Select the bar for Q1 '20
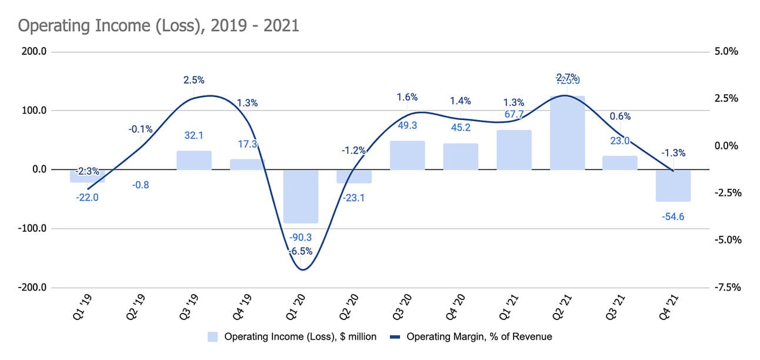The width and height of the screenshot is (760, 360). (301, 196)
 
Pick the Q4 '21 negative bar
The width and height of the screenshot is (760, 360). (673, 185)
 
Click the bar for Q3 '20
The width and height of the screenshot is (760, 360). (407, 155)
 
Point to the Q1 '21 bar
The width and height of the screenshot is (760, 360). (514, 150)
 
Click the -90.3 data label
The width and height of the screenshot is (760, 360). (301, 238)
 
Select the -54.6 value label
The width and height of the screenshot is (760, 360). (673, 216)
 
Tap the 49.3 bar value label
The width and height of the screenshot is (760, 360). (407, 125)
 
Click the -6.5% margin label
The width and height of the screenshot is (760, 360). (301, 251)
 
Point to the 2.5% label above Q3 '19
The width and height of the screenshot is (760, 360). (194, 80)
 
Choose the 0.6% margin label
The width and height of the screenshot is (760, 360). (620, 116)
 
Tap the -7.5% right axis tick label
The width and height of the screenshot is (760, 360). (726, 288)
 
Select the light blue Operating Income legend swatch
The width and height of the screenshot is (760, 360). (212, 337)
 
